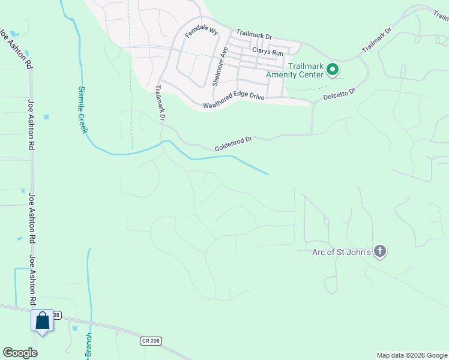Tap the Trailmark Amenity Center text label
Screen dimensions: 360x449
pos(306,71)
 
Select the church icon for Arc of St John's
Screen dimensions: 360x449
pos(379,251)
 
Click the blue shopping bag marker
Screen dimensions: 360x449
pos(43,320)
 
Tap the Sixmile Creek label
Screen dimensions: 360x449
pos(83,109)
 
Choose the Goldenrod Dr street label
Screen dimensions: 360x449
pos(233,144)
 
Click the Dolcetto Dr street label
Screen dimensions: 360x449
pos(340,94)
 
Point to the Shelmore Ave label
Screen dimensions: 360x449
pos(218,66)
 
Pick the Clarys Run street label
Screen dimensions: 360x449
pos(268,52)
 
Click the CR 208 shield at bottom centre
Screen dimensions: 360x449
pos(151,341)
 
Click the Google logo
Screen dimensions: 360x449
pos(20,353)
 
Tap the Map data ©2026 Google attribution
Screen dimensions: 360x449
pos(412,355)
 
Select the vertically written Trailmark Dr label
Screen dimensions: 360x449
pos(160,103)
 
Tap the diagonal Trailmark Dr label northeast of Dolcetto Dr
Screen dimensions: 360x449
pos(376,40)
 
